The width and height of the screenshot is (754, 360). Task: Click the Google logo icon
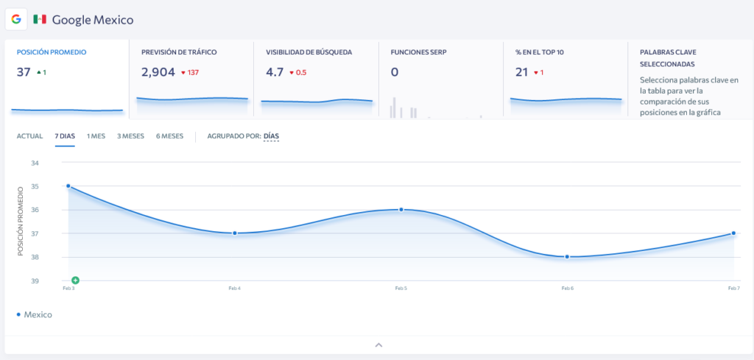point(16,19)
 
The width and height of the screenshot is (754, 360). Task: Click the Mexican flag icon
point(40,19)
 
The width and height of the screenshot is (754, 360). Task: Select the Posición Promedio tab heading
point(52,52)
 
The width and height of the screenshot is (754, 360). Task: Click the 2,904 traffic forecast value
point(158,72)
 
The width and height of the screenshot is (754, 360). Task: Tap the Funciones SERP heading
point(418,52)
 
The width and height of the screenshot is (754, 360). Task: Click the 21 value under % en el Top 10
point(522,72)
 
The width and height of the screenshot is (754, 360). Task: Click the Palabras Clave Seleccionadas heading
point(668,57)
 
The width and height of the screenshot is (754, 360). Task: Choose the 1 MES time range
point(96,136)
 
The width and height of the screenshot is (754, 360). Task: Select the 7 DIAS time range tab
point(65,136)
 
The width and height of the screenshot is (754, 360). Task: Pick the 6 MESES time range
point(169,136)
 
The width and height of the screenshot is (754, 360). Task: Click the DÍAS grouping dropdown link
point(271,136)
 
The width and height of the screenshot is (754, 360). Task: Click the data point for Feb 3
point(68,186)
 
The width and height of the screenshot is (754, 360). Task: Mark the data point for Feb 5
point(401,209)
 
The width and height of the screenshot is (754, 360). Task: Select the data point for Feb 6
point(567,256)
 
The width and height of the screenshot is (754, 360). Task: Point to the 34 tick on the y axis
point(35,163)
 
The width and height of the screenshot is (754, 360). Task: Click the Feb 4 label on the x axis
point(235,289)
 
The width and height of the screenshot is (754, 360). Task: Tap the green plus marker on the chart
point(75,280)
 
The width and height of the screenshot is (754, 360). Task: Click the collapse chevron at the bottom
point(378,345)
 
